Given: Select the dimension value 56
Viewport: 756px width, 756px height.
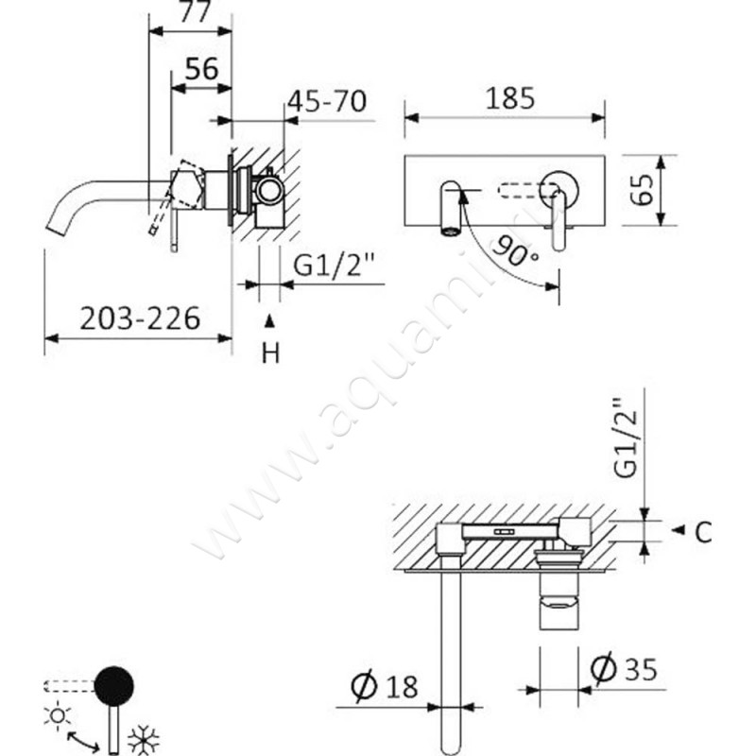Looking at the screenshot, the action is [x=202, y=68].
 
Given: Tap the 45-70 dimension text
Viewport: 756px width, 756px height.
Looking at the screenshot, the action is [x=327, y=101].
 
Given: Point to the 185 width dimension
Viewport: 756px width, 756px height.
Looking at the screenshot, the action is [x=510, y=98].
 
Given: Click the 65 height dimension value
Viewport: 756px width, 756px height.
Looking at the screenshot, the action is [x=643, y=190].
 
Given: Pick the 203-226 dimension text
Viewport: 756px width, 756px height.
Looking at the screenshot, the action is [x=140, y=318].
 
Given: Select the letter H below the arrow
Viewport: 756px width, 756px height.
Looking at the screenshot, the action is [x=270, y=353].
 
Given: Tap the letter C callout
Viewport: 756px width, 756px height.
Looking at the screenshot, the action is [x=703, y=533].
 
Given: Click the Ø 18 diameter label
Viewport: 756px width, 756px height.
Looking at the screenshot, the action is [x=384, y=687].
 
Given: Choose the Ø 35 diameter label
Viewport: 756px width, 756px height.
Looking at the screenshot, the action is [x=624, y=669].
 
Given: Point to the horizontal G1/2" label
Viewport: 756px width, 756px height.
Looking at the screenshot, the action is [x=335, y=265].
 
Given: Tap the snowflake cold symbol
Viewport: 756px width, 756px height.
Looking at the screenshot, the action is [x=143, y=739].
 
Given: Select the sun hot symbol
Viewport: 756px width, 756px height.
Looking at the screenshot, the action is [x=58, y=715].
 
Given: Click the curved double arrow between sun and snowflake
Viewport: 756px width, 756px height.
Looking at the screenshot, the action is [x=82, y=740].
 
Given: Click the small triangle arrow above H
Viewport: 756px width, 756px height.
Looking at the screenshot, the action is [x=270, y=321].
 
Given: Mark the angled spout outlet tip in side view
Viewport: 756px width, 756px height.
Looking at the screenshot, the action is [x=57, y=232].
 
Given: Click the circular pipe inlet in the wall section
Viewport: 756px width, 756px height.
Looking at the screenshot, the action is [x=268, y=190].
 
